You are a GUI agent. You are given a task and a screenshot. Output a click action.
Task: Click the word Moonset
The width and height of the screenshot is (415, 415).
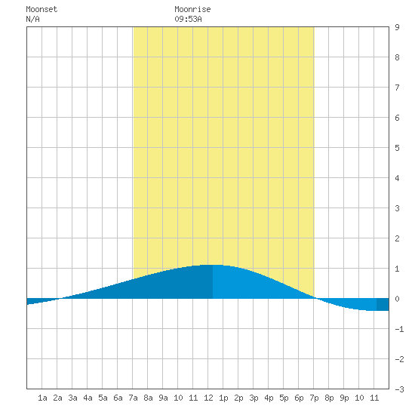tap(41, 9)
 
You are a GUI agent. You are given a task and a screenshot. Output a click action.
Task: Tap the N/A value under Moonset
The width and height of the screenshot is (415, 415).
tap(32, 19)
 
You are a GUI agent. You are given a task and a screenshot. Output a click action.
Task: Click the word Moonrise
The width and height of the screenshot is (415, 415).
tap(192, 9)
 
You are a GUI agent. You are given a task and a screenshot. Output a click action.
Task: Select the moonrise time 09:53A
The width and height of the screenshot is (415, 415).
tap(188, 19)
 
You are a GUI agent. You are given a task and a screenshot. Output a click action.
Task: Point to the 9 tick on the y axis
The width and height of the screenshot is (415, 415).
tap(397, 27)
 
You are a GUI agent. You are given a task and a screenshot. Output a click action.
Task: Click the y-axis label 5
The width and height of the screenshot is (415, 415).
tap(397, 148)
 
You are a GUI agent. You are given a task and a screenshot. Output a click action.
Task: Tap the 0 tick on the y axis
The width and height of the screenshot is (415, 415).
tap(397, 299)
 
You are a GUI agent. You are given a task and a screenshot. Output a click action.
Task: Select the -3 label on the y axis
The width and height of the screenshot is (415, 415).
tap(399, 389)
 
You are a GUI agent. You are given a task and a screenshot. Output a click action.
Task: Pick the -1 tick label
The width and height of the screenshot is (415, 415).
tap(399, 329)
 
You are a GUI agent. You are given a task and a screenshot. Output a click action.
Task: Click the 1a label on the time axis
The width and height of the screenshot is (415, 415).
tap(42, 398)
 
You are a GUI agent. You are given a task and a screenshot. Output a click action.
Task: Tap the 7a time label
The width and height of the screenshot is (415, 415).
tap(133, 398)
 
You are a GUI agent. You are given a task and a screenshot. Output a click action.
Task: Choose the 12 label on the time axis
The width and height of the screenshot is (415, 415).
tap(208, 398)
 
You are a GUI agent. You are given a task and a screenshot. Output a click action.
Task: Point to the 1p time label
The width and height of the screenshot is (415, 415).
tap(223, 398)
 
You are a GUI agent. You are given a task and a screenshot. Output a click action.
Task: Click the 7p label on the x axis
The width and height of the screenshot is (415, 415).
tap(314, 398)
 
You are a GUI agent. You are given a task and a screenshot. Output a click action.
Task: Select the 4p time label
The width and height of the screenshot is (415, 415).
tap(269, 398)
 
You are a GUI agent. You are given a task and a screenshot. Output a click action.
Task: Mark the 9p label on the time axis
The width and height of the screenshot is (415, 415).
tap(344, 398)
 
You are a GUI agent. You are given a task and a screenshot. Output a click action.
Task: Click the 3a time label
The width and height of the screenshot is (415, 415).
tap(72, 398)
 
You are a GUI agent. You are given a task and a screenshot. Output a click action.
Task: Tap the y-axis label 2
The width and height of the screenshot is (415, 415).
tap(397, 238)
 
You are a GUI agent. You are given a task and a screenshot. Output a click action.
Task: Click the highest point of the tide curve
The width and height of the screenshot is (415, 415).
tap(213, 265)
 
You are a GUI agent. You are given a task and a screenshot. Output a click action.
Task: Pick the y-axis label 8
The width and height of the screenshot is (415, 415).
tap(397, 57)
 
